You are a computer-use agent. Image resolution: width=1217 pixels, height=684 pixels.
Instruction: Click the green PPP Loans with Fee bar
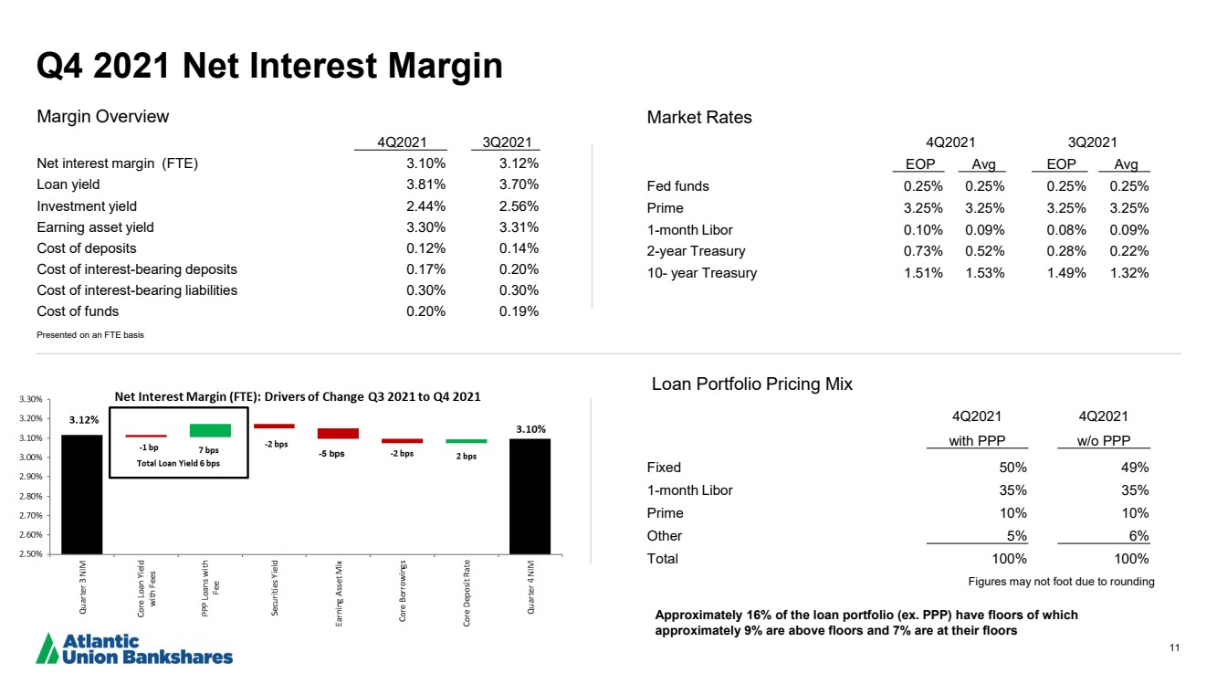(210, 430)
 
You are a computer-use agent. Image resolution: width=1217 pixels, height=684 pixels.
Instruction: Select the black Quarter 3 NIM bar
(81, 494)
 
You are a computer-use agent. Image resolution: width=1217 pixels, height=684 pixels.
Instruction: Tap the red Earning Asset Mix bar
(338, 434)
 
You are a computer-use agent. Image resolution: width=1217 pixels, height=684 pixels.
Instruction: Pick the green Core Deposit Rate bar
(467, 441)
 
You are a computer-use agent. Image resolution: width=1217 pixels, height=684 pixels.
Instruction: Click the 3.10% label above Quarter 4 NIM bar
(530, 429)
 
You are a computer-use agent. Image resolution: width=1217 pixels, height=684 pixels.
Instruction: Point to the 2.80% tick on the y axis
(30, 496)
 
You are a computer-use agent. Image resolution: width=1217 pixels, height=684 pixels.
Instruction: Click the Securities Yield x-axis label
(275, 588)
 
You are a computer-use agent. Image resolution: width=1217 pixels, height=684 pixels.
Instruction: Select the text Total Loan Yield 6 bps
(178, 463)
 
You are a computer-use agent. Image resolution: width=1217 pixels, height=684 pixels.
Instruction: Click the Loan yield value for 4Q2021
(426, 184)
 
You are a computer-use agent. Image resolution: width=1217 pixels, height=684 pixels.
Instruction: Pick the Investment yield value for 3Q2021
(519, 206)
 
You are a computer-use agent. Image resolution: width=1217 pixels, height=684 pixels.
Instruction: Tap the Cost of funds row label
(78, 311)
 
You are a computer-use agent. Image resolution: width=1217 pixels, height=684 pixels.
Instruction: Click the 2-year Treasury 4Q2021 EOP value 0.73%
(923, 251)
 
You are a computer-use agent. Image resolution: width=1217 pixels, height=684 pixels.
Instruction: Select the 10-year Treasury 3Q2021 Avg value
(1129, 273)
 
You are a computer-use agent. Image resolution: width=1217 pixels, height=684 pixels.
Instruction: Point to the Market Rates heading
(699, 118)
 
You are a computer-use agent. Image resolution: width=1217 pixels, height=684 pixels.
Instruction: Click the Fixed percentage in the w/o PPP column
(1135, 468)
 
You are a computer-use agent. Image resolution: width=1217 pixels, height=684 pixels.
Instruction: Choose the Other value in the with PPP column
(1016, 536)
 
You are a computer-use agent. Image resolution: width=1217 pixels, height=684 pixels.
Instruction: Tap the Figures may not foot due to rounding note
(1061, 582)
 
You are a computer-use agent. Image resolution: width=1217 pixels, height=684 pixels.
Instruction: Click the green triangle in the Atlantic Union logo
(47, 649)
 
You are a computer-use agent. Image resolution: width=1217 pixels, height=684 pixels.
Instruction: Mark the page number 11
(1175, 647)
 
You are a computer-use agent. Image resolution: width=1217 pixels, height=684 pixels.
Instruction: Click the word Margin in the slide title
(446, 67)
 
